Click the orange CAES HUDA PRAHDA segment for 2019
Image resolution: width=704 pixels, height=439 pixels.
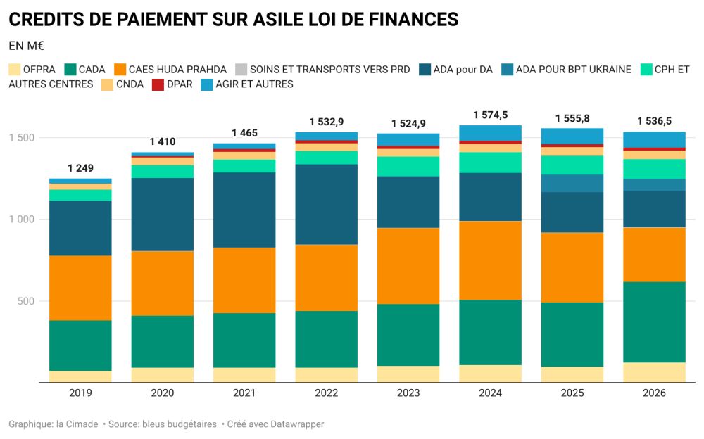80,288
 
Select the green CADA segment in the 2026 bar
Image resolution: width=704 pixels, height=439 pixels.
654,322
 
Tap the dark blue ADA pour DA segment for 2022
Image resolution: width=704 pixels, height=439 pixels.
326,204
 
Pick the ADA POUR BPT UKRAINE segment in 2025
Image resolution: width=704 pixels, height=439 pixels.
572,183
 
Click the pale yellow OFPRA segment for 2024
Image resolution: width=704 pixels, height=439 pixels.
490,374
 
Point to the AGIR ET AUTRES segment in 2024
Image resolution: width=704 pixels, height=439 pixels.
490,133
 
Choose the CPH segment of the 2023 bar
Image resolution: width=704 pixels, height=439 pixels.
408,166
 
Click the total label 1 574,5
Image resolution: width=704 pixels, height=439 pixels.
491,114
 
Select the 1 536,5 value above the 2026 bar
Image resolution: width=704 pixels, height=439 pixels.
655,120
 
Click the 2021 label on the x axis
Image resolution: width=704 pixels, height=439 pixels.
244,393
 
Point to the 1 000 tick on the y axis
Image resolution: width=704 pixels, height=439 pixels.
23,220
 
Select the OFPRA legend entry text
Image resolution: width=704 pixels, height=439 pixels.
39,69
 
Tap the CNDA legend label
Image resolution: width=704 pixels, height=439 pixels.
131,84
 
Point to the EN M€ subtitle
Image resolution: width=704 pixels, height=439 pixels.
27,46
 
